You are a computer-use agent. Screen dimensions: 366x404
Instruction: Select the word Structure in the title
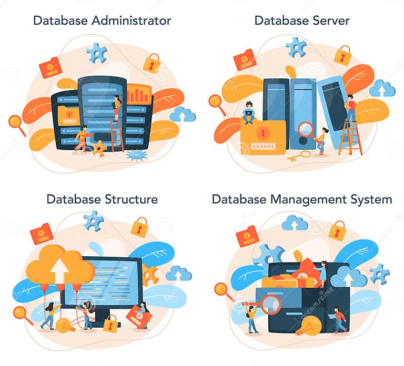(x=130, y=199)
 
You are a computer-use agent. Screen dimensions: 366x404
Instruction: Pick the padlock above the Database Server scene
(x=342, y=55)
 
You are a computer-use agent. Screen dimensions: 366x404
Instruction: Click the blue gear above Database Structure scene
(x=94, y=221)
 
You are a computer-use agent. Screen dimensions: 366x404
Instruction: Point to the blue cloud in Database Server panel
(x=382, y=89)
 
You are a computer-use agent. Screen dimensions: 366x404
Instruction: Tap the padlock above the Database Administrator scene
(x=152, y=64)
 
